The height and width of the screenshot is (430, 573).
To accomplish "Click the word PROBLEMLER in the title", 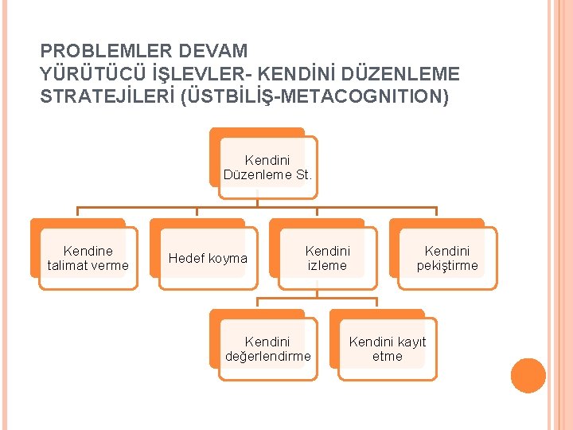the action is (x=106, y=51).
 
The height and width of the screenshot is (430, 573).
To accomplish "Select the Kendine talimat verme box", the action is (x=88, y=258).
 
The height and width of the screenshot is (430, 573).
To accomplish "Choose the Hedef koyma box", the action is (x=208, y=258).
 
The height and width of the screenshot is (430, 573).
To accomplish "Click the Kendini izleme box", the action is (x=327, y=258).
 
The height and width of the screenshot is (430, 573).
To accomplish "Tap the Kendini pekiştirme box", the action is (x=447, y=258).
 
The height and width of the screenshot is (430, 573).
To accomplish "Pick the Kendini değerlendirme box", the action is (x=267, y=349).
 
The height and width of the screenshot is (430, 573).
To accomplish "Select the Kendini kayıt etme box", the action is (x=388, y=349).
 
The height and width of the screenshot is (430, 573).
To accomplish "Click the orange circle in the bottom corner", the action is (x=528, y=375).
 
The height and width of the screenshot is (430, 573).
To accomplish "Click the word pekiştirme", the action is (x=447, y=266).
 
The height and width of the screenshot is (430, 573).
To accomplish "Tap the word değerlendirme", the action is (x=268, y=357).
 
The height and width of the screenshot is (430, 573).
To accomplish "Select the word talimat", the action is (x=70, y=266).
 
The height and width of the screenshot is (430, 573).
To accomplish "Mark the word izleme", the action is (x=327, y=266).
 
